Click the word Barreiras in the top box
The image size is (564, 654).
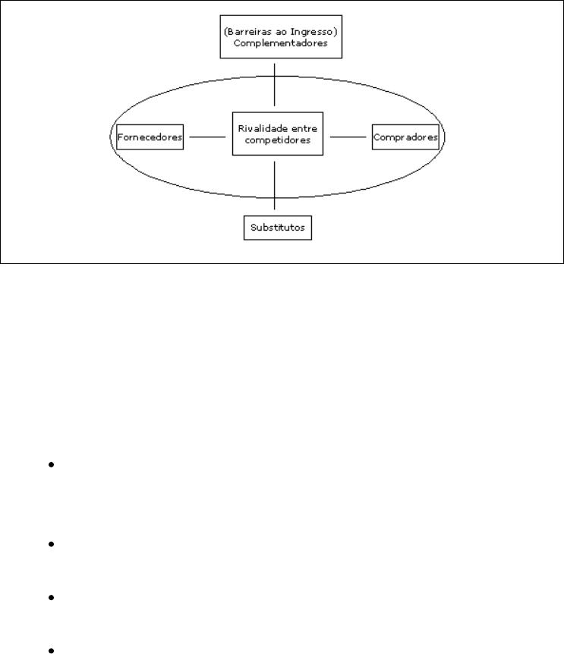click(x=249, y=32)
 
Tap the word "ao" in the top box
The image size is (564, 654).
click(x=281, y=32)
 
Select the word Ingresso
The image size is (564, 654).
click(x=312, y=32)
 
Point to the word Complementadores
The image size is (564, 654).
click(x=280, y=43)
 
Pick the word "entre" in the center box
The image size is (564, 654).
click(x=304, y=129)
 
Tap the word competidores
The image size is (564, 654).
click(x=277, y=140)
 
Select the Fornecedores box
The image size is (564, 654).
click(x=150, y=137)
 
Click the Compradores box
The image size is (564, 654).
click(x=405, y=137)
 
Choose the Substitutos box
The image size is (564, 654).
click(x=278, y=228)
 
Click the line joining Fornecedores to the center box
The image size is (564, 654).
click(x=207, y=137)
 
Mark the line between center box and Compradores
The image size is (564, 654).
click(x=348, y=137)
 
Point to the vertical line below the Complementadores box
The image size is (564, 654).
click(x=275, y=85)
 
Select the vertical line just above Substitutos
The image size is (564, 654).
click(x=275, y=186)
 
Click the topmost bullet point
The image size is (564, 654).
click(x=52, y=464)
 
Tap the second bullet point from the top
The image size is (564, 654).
click(x=52, y=544)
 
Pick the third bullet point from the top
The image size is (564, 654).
click(x=52, y=598)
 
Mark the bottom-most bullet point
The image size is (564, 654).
click(x=52, y=650)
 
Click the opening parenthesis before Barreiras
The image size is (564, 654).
click(x=225, y=32)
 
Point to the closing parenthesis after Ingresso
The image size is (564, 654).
click(x=336, y=32)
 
